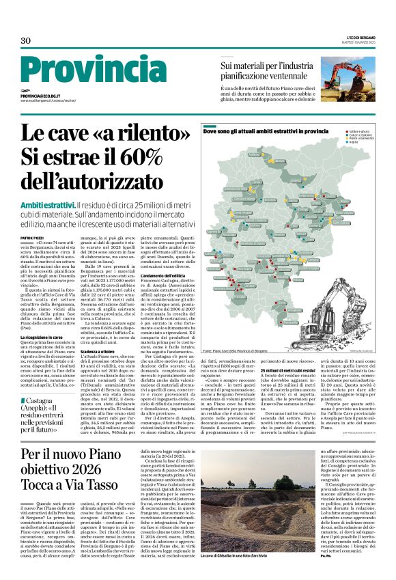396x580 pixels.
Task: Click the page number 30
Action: click(x=26, y=41)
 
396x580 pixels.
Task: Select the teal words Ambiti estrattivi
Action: click(x=47, y=206)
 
